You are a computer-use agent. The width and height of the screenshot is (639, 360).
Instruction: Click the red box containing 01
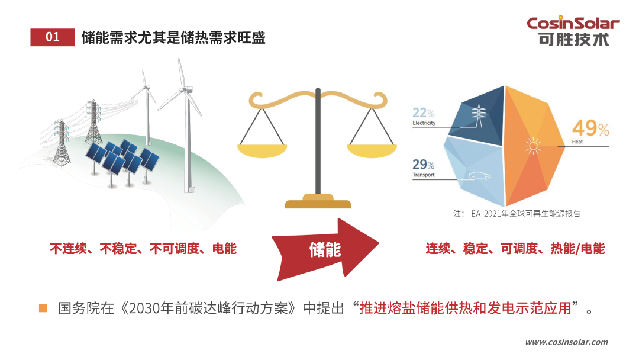click(53, 37)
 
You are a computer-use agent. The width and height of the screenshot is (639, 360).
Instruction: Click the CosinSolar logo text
click(573, 23)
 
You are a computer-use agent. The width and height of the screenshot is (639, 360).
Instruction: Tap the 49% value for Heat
click(590, 128)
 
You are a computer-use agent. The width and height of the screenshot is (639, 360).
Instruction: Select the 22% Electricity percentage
click(424, 112)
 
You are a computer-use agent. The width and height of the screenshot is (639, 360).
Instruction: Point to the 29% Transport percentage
click(424, 164)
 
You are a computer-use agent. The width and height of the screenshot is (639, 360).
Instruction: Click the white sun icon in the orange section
click(533, 146)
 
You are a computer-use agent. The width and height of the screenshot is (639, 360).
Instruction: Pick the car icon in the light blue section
click(479, 176)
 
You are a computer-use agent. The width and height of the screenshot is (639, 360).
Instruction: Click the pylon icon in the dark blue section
click(479, 116)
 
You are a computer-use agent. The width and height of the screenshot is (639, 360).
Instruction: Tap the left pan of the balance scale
click(263, 151)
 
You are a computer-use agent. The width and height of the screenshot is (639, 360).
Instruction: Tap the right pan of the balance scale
click(372, 151)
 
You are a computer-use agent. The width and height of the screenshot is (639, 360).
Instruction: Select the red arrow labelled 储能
click(325, 249)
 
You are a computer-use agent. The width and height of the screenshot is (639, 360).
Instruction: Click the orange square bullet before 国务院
click(43, 308)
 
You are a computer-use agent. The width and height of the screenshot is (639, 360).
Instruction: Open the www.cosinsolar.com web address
click(566, 342)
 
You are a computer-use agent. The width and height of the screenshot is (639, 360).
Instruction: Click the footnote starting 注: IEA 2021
click(517, 214)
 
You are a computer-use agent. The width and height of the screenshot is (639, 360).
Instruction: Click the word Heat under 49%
click(577, 142)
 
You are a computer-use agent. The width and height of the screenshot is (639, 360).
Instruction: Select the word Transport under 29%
click(424, 175)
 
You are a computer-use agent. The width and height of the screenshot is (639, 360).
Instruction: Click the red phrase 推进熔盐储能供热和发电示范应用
click(466, 308)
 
